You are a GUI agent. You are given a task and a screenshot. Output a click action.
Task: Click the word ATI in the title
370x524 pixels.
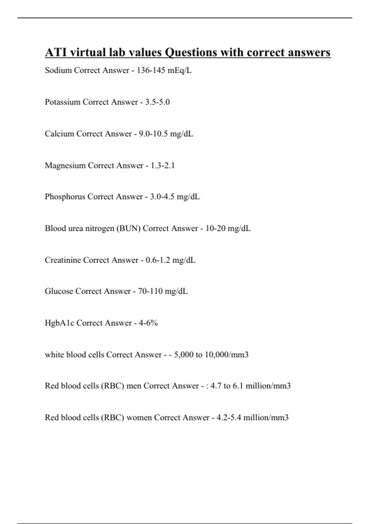(x=56, y=52)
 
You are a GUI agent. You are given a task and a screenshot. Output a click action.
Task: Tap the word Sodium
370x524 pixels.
(x=58, y=70)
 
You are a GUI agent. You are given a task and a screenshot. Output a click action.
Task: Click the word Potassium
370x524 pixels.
(x=63, y=102)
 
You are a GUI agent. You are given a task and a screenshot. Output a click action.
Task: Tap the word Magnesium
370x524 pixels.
(x=65, y=166)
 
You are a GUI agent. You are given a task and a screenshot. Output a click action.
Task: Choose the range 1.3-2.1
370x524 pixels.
(x=162, y=166)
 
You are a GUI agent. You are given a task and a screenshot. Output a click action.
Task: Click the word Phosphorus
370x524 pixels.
(x=65, y=197)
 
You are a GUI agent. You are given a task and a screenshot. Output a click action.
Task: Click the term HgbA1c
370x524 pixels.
(x=60, y=323)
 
